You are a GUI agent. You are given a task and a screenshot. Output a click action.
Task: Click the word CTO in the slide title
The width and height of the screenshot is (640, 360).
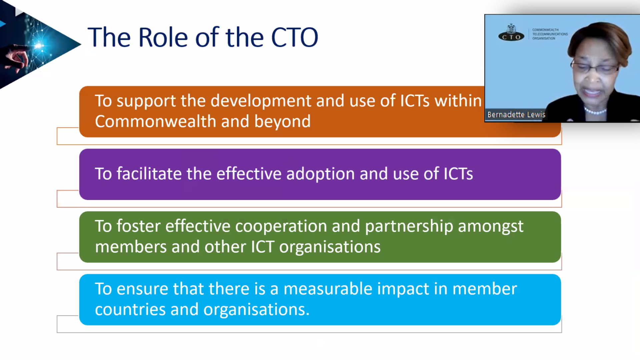295,37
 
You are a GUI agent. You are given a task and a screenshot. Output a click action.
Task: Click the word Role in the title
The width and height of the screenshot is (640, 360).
163,37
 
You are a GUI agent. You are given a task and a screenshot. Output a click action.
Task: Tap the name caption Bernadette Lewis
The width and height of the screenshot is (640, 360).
516,115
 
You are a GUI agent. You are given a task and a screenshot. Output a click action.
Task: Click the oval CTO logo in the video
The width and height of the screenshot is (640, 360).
511,36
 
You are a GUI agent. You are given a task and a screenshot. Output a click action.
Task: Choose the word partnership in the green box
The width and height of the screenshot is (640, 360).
409,227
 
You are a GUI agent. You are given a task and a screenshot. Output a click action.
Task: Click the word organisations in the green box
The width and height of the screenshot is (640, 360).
330,247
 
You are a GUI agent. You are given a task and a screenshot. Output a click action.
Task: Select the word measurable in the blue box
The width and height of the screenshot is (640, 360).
328,289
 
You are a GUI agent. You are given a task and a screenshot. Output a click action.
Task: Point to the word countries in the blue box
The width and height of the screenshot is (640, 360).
130,310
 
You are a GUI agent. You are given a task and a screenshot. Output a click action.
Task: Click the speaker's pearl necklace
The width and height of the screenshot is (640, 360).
595,111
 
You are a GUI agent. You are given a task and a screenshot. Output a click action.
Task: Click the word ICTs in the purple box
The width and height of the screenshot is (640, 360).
458,174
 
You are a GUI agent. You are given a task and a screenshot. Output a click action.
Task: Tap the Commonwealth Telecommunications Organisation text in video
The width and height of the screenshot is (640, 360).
550,34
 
